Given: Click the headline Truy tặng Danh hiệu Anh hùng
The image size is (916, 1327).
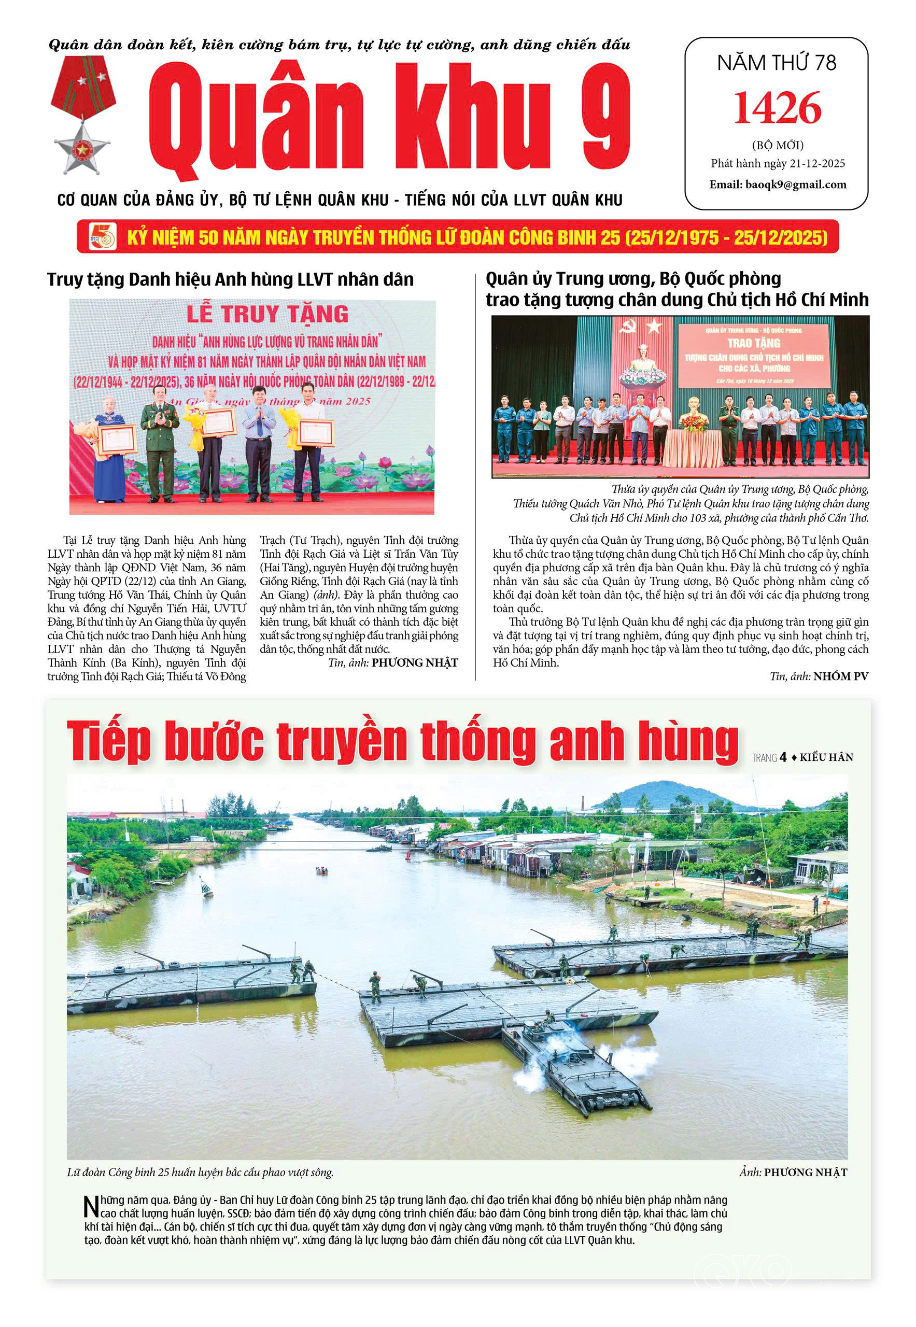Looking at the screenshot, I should click(230, 279).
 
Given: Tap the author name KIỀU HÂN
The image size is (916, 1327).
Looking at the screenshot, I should click(826, 758).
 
